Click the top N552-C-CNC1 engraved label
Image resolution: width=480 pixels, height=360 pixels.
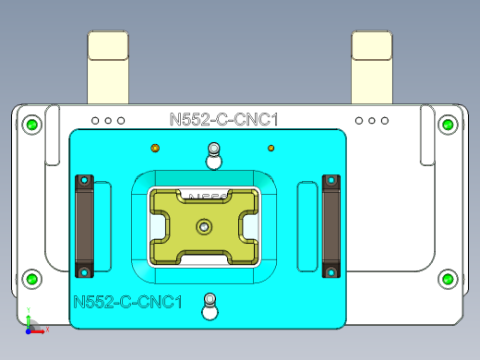(x=224, y=118)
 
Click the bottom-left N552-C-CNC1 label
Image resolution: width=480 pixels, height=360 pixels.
(x=126, y=302)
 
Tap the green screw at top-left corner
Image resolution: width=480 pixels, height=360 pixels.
(x=32, y=125)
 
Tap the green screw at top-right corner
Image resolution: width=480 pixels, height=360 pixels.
(x=447, y=124)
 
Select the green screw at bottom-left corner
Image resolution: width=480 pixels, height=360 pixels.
(x=32, y=278)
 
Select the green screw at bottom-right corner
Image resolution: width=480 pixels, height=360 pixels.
(x=447, y=278)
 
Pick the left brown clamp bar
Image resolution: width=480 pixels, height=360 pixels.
(x=85, y=225)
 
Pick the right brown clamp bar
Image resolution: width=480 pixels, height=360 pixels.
(x=330, y=225)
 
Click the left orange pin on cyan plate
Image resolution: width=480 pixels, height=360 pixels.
(x=155, y=147)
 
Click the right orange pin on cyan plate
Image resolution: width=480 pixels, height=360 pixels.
(x=271, y=147)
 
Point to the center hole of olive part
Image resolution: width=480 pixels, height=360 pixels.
(x=203, y=225)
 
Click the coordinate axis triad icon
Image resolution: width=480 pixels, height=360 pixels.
(x=31, y=323)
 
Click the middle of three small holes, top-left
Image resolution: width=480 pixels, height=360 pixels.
(x=108, y=121)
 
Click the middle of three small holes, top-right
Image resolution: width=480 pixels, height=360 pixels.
(x=372, y=121)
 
